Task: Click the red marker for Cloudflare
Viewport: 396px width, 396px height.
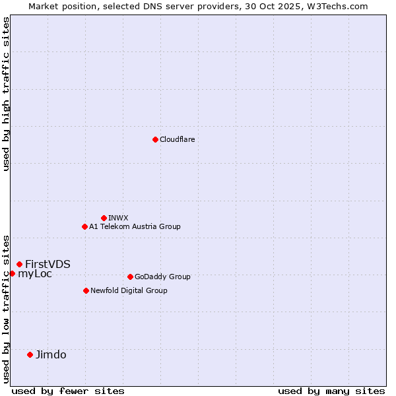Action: coord(155,139)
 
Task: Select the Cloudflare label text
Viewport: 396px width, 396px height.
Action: coord(178,139)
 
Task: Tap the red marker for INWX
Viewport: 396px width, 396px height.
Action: coord(104,218)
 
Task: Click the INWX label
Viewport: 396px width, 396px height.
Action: coord(118,218)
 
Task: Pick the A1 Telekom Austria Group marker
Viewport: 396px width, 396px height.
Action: coord(84,226)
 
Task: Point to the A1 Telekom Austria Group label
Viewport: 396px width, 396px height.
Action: coord(135,226)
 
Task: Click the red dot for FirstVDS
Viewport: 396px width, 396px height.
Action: coord(19,264)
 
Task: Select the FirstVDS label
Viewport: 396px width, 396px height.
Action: coord(48,264)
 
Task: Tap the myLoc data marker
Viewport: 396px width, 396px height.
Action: coord(12,273)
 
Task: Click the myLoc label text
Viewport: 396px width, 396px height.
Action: coord(35,273)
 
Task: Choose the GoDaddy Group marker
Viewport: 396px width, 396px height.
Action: coord(130,277)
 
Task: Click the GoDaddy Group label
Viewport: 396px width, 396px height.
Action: coord(162,277)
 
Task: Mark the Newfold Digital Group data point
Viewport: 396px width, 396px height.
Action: coord(86,290)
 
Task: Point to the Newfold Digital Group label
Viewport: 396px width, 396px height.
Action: coord(129,290)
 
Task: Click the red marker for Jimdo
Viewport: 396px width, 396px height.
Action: coord(30,354)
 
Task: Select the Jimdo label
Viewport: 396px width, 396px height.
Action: coord(51,354)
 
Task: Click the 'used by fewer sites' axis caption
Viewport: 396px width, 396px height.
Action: coord(68,391)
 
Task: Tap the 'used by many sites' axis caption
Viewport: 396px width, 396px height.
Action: coord(331,391)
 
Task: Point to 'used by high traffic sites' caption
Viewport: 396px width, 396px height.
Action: coord(6,94)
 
